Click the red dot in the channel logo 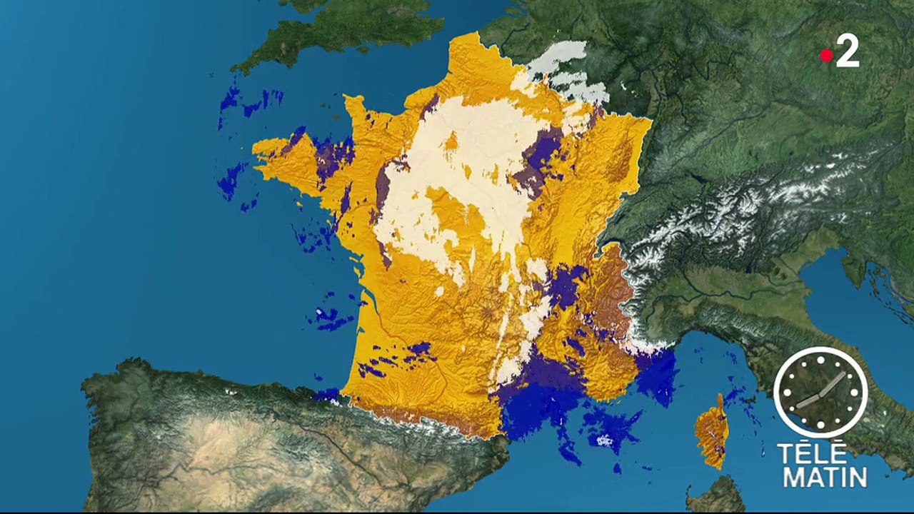click(826, 56)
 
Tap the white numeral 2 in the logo click(848, 52)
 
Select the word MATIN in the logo click(825, 477)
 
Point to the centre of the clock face click(820, 393)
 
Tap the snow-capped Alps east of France click(714, 214)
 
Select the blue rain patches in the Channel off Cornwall click(243, 104)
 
